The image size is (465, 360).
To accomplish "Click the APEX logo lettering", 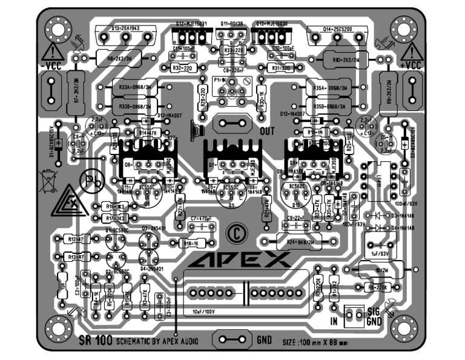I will [240, 261].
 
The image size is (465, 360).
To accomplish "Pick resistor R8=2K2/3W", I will [118, 59].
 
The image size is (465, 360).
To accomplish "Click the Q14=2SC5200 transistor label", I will [329, 28].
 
